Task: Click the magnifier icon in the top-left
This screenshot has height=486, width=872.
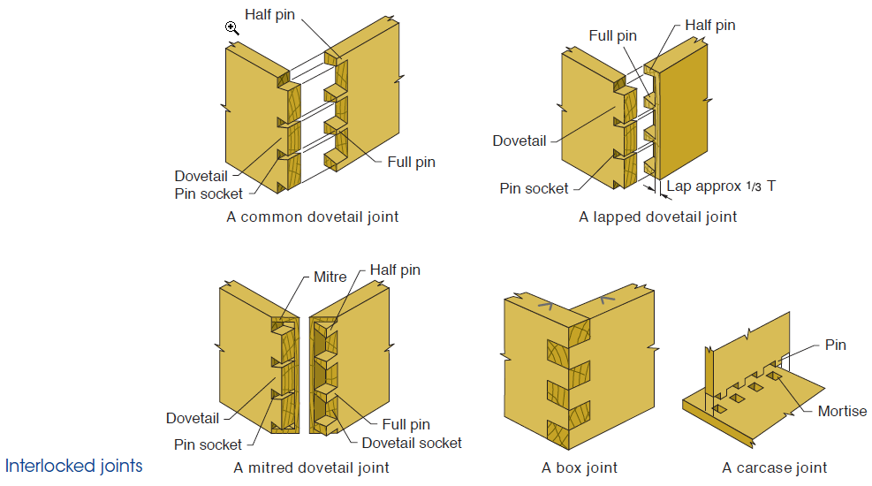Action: [x=232, y=28]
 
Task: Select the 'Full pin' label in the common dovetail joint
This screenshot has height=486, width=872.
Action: [x=411, y=162]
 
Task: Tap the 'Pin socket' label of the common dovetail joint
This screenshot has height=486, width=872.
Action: [x=209, y=194]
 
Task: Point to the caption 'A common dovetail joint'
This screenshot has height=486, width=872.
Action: [x=313, y=216]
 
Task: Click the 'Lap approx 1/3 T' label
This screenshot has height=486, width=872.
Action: [x=721, y=186]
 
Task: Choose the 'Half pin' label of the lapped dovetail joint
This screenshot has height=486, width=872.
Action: [x=709, y=25]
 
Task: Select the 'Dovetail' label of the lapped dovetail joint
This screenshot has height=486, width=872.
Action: [x=519, y=140]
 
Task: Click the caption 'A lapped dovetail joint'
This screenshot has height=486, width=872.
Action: [x=657, y=216]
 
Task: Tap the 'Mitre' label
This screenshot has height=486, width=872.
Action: [x=330, y=277]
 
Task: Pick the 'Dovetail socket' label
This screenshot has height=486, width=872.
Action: [x=412, y=443]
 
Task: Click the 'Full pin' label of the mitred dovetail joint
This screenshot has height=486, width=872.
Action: [x=406, y=425]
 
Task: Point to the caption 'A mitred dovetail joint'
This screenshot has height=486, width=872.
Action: [x=311, y=467]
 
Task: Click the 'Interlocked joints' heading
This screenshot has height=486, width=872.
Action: [x=73, y=466]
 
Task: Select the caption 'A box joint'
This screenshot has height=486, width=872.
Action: [x=580, y=467]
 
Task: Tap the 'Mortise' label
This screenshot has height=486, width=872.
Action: [x=842, y=411]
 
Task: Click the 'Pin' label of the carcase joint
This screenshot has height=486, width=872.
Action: [x=835, y=345]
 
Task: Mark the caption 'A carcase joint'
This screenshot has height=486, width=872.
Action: [x=774, y=467]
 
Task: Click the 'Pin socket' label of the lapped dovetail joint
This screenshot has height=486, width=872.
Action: [x=534, y=188]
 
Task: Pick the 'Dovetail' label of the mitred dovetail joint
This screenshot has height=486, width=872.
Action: [x=193, y=418]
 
